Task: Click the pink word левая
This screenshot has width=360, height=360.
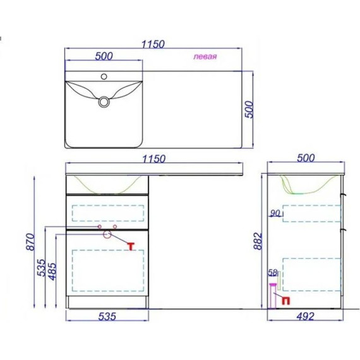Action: coord(205,56)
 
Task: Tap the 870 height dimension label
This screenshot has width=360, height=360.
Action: coord(30,242)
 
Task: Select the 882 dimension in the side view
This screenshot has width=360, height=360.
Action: coord(258,241)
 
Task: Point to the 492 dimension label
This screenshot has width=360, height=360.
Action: coord(305,316)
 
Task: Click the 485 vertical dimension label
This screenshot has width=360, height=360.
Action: coord(52,272)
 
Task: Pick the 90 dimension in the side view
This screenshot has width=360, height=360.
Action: coord(275,213)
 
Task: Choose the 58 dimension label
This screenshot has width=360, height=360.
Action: coord(273,272)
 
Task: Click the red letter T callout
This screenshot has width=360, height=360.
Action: coord(131,246)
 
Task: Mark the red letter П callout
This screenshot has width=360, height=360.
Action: coord(285,301)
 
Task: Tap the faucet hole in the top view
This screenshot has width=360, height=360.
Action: coord(104,76)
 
